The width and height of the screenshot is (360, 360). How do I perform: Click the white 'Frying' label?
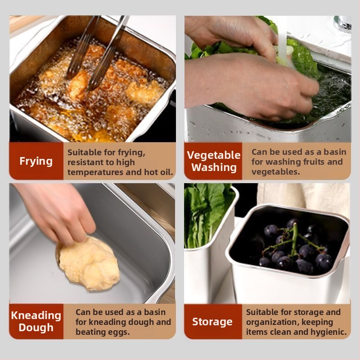[x=36, y=161]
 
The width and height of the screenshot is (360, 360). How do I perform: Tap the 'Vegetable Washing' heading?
[x=213, y=161]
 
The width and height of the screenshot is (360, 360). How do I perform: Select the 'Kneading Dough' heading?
[x=36, y=321]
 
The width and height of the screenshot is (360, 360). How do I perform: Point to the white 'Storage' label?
[x=212, y=322]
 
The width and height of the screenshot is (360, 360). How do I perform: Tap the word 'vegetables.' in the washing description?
[x=276, y=172]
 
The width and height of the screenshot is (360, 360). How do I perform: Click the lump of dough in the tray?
[x=88, y=264]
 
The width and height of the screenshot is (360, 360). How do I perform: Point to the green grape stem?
[x=294, y=241]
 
